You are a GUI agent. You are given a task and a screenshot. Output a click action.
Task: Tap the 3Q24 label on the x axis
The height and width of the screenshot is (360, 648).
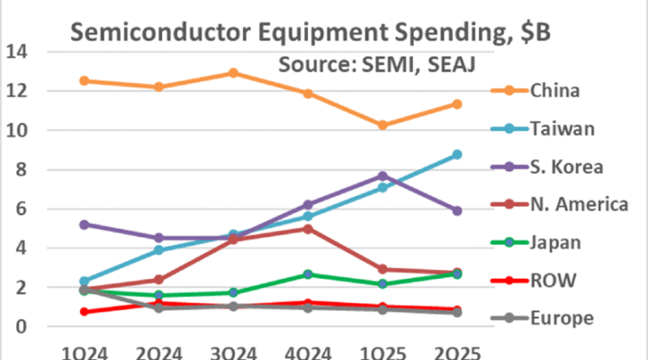(233, 352)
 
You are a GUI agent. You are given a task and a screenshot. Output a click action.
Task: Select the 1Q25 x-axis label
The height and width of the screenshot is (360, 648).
(382, 352)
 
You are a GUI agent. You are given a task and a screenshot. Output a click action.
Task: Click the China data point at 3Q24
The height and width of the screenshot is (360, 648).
(233, 73)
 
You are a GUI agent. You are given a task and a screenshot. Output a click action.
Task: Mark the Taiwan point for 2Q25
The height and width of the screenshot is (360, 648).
(457, 155)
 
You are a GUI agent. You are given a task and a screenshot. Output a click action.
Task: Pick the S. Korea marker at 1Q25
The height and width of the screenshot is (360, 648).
(382, 176)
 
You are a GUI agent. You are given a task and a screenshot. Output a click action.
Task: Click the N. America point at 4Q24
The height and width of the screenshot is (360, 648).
(308, 229)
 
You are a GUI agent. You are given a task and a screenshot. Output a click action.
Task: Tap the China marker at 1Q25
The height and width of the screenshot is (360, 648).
(382, 125)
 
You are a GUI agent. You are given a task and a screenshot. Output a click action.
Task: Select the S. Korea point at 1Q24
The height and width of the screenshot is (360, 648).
(84, 224)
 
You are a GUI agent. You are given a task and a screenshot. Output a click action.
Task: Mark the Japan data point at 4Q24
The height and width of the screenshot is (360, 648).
(308, 274)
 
